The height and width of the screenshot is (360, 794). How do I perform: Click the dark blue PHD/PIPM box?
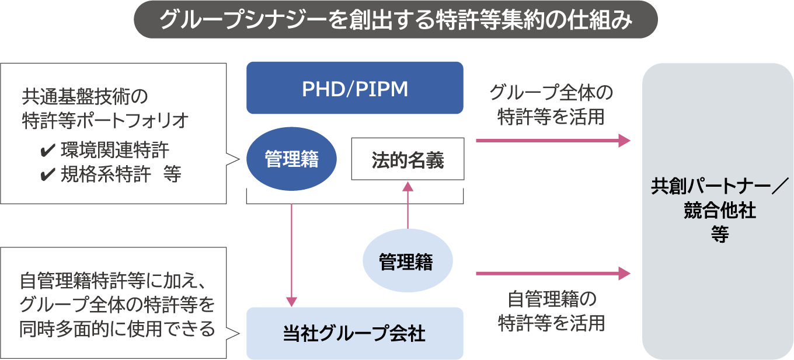[x=354, y=88]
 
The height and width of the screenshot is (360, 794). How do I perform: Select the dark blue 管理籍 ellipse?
[x=292, y=159]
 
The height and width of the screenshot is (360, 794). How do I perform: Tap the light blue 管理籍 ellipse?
[x=408, y=262]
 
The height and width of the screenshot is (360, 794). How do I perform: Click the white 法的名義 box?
[x=408, y=159]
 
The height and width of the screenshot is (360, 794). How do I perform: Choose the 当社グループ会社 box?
[x=354, y=334]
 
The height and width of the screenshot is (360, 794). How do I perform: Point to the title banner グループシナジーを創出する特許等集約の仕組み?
[x=396, y=20]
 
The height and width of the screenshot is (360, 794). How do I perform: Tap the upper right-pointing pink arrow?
[x=553, y=141]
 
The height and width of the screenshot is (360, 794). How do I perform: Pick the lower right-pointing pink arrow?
[x=553, y=273]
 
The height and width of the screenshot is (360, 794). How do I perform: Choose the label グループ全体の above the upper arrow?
[x=551, y=93]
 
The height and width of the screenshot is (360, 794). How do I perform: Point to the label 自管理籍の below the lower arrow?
[x=551, y=300]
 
